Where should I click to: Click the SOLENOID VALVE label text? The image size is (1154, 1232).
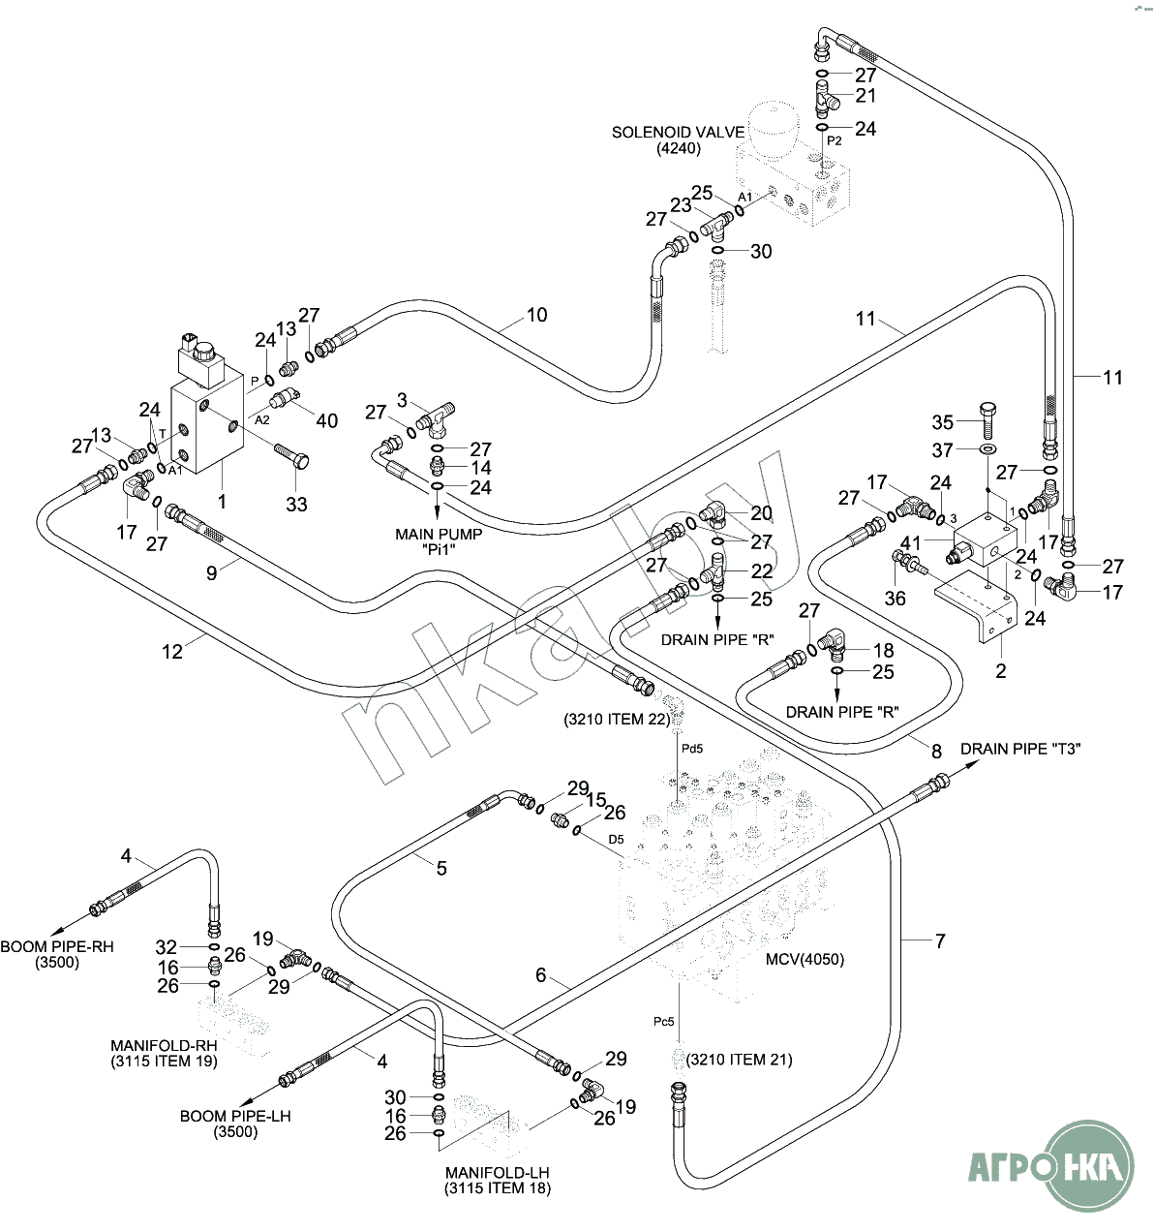pyautogui.click(x=678, y=133)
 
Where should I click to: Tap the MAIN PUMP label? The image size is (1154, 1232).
pyautogui.click(x=439, y=535)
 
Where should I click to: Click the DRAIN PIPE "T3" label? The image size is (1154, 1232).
pyautogui.click(x=1020, y=749)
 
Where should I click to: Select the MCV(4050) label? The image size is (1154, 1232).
pyautogui.click(x=805, y=960)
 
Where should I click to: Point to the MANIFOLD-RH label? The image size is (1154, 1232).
pyautogui.click(x=164, y=1046)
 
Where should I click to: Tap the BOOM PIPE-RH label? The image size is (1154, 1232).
pyautogui.click(x=57, y=946)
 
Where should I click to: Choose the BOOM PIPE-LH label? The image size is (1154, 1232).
pyautogui.click(x=235, y=1116)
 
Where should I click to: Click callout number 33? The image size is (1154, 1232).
pyautogui.click(x=296, y=504)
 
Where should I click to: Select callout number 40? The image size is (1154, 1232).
pyautogui.click(x=327, y=420)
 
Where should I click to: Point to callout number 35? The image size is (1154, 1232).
pyautogui.click(x=943, y=422)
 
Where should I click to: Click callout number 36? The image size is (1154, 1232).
pyautogui.click(x=896, y=598)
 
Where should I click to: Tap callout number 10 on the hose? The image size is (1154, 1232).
pyautogui.click(x=536, y=315)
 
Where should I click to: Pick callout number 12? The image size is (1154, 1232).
pyautogui.click(x=172, y=652)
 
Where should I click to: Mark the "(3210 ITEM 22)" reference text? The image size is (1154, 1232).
pyautogui.click(x=616, y=720)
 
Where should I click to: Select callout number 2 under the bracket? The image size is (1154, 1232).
pyautogui.click(x=1001, y=670)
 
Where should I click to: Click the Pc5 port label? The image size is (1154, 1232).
pyautogui.click(x=663, y=1021)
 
